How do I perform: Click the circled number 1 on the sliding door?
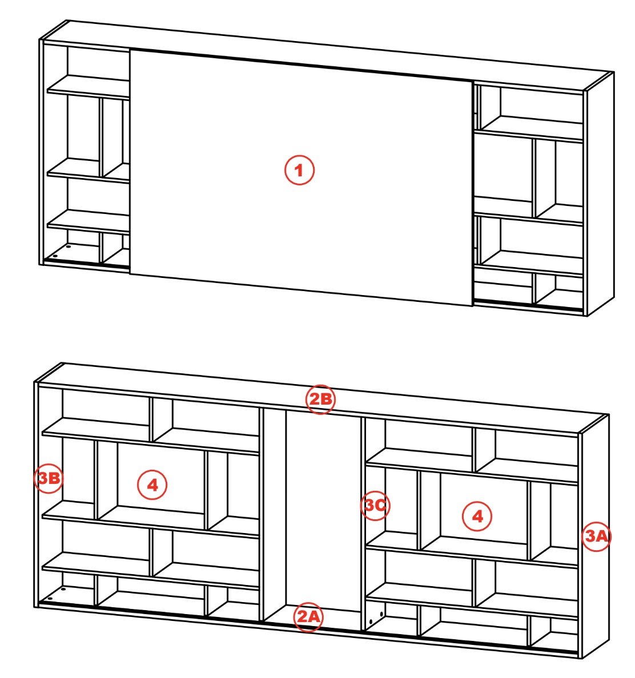point(299,170)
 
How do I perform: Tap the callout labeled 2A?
point(308,616)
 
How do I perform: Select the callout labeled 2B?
point(320,399)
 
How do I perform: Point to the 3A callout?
point(597,536)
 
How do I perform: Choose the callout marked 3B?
point(49,478)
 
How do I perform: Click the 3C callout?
point(375,505)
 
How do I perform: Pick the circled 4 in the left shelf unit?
point(152,485)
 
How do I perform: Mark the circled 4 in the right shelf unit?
point(477,516)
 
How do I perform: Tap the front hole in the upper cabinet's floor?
point(55,256)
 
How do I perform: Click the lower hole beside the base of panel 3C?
point(371,622)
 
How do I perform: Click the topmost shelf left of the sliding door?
point(89,87)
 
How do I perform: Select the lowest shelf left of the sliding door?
point(89,222)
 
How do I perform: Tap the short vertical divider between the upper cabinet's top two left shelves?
point(102,137)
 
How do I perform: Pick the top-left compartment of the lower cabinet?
point(106,407)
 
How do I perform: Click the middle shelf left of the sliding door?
point(89,171)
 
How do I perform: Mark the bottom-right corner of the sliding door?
point(473,306)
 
